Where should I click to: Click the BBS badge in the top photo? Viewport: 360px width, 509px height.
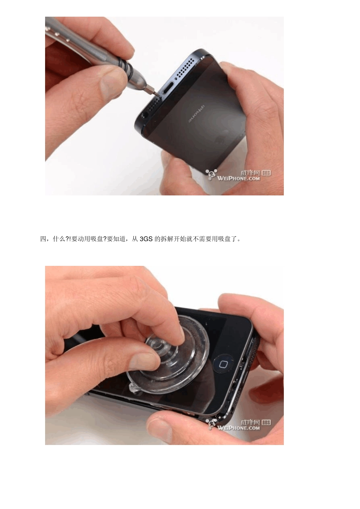[266, 173]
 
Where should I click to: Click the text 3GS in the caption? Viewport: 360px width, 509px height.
[146, 239]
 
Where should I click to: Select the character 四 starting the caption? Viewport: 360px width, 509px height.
[43, 239]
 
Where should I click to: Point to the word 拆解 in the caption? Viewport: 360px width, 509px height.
[167, 239]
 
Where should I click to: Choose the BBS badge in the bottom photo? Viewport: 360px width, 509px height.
[266, 422]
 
